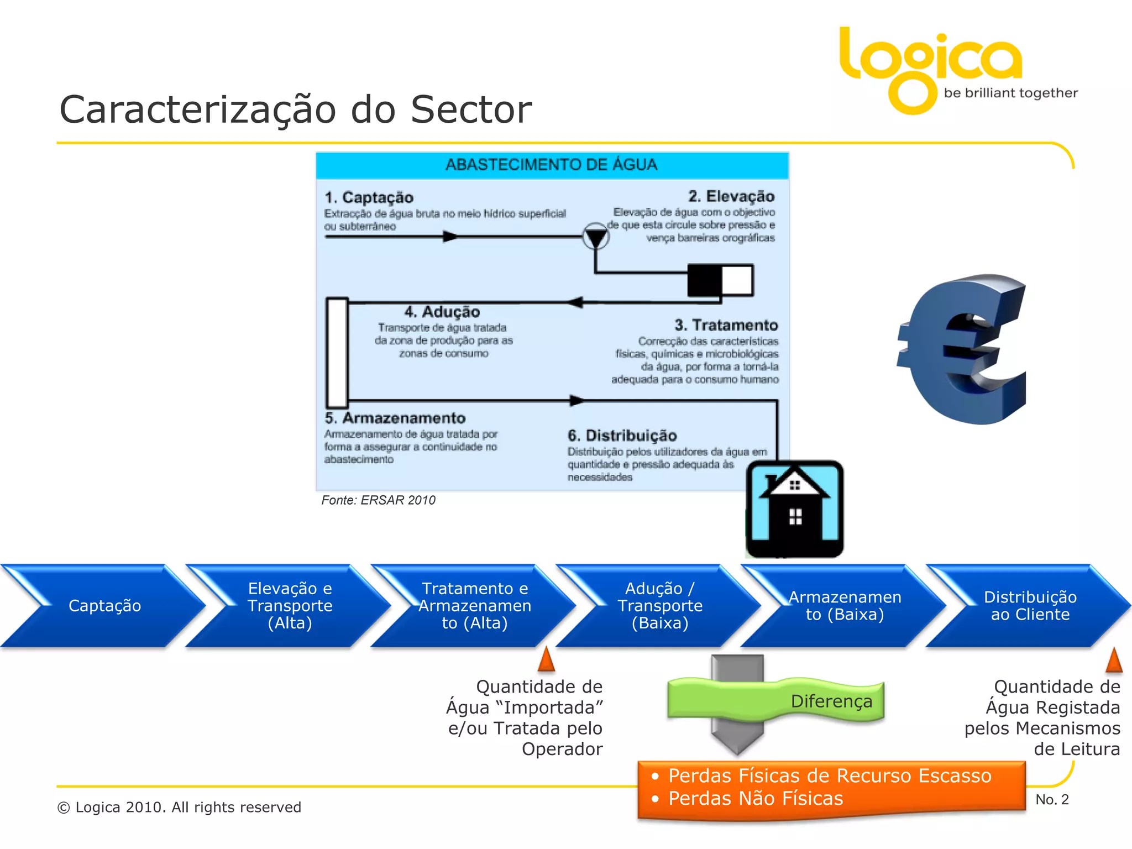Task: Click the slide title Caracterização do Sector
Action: click(x=295, y=109)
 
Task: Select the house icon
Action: click(x=795, y=509)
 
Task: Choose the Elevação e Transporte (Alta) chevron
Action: click(x=290, y=606)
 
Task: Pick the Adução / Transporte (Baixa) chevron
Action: click(x=660, y=606)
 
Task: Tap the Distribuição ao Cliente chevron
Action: click(x=1030, y=606)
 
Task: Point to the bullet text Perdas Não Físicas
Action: click(x=756, y=799)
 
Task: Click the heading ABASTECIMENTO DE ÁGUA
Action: click(x=552, y=165)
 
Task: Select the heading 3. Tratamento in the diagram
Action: click(x=726, y=325)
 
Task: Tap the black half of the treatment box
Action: click(x=705, y=280)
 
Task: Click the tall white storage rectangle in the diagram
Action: click(x=337, y=353)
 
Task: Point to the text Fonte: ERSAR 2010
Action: click(x=378, y=500)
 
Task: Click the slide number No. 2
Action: click(x=1052, y=800)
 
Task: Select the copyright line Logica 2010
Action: click(x=179, y=808)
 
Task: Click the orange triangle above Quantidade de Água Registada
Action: click(x=1114, y=660)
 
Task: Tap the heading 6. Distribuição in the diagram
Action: click(x=622, y=436)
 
